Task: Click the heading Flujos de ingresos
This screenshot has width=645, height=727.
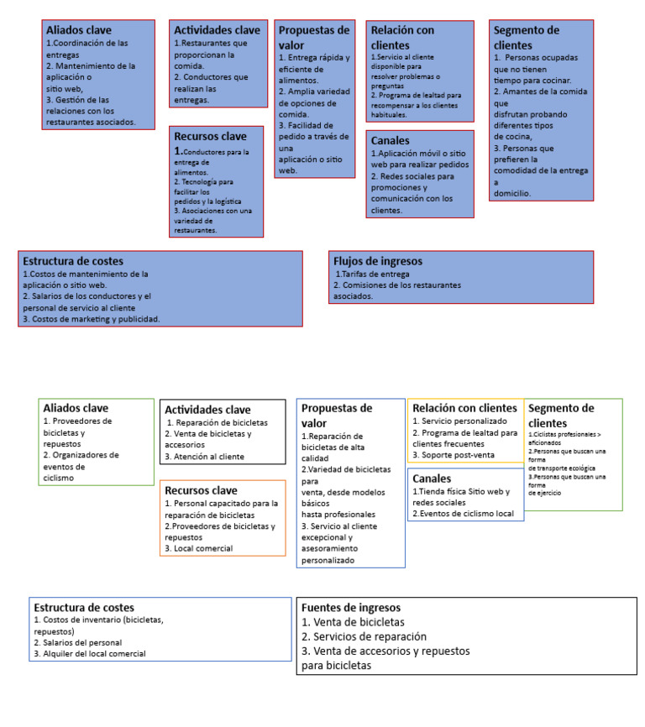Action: [x=377, y=261]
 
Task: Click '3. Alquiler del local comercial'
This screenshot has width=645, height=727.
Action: [x=89, y=653]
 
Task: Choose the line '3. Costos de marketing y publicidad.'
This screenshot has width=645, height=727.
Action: [x=91, y=319]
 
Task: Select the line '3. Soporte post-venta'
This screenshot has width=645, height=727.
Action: [x=453, y=455]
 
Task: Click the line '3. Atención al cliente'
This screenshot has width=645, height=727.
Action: [x=205, y=457]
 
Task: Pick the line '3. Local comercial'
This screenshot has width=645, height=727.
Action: [x=198, y=548]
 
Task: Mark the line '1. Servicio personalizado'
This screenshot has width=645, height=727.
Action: [x=459, y=421]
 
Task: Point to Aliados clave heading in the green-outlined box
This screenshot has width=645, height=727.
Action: [x=76, y=409]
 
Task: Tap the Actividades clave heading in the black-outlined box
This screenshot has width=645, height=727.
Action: [x=207, y=410]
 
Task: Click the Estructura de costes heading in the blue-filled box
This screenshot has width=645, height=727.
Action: [x=73, y=261]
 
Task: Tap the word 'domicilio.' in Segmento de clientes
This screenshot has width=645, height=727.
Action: [x=512, y=193]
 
